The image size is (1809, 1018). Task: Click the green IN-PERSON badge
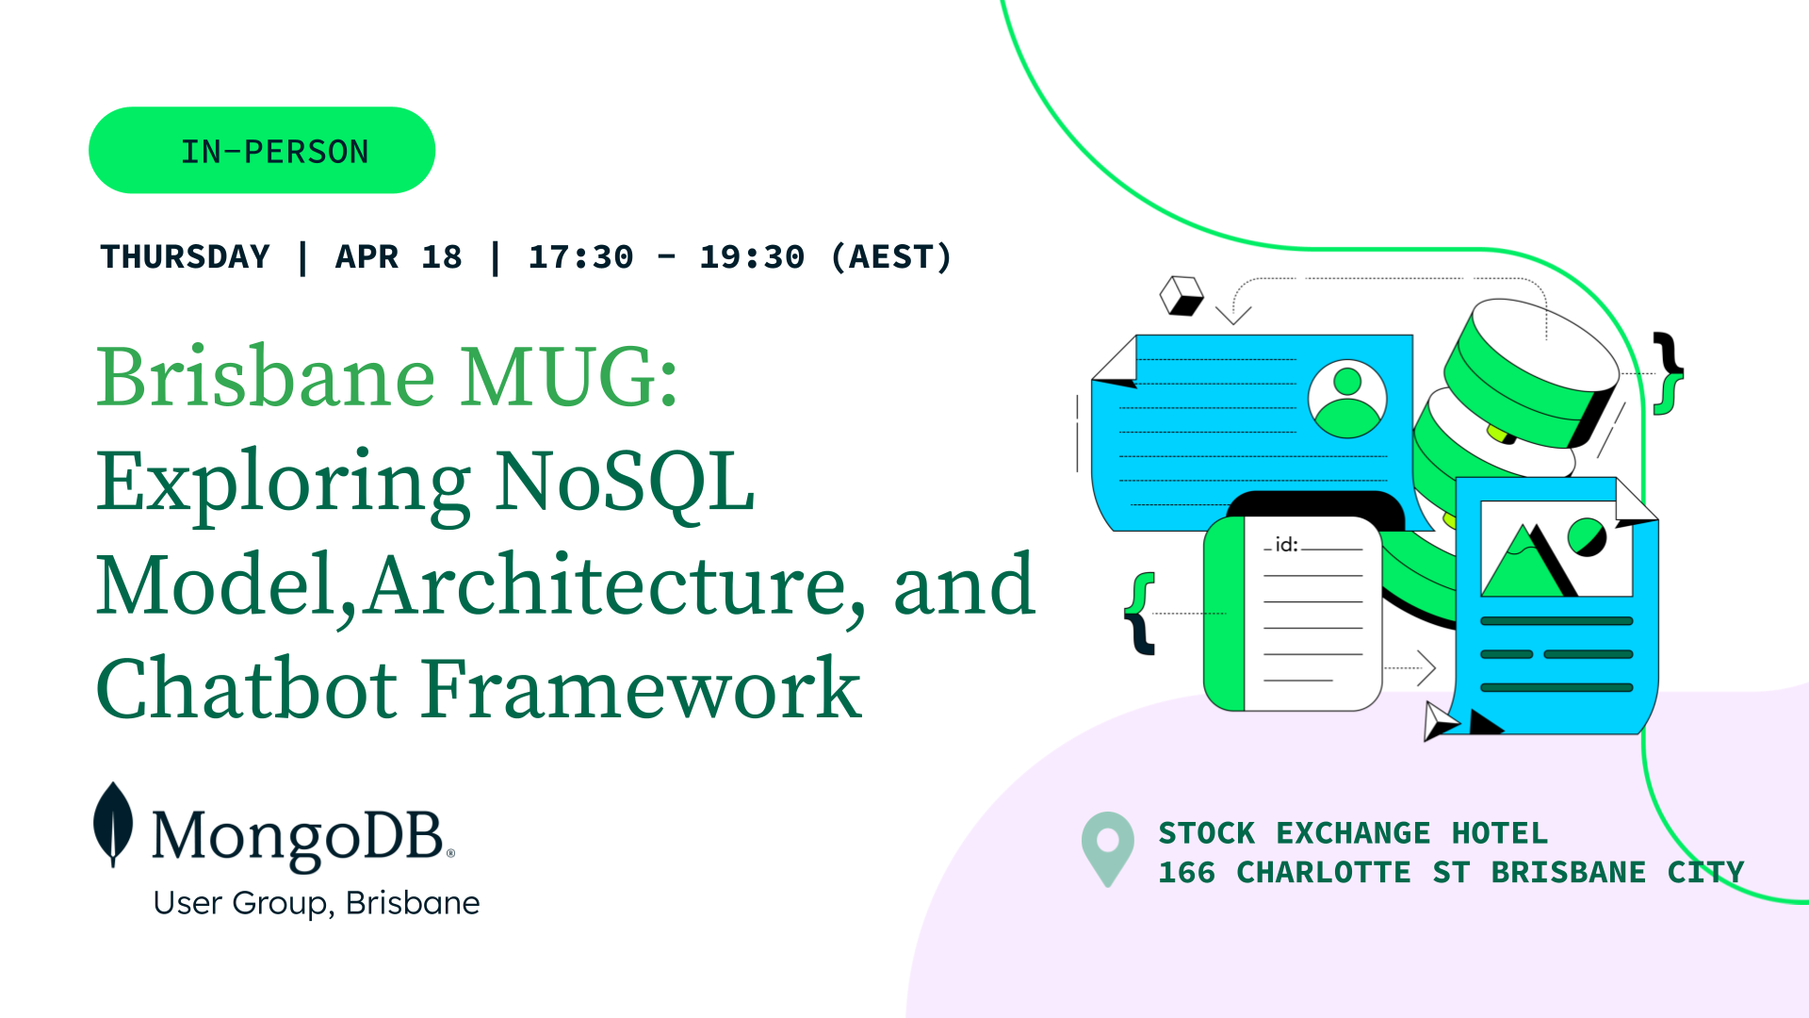click(x=262, y=150)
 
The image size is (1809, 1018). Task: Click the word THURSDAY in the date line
click(x=186, y=256)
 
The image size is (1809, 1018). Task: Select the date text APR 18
click(x=399, y=256)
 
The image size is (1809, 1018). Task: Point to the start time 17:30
click(x=580, y=256)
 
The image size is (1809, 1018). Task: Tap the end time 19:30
click(x=752, y=256)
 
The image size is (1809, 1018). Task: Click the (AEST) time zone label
click(x=891, y=256)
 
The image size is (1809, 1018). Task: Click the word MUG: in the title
click(x=569, y=376)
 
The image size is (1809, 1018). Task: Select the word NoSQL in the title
click(x=625, y=483)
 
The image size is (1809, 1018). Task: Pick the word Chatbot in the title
click(x=246, y=689)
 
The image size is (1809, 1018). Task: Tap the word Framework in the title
click(x=642, y=689)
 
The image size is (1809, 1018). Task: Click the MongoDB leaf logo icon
click(x=113, y=824)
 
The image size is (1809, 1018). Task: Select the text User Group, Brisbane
click(x=317, y=903)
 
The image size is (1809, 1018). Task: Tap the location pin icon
click(x=1108, y=848)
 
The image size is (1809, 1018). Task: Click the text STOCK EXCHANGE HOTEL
click(x=1353, y=833)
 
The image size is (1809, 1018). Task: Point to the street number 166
click(x=1187, y=873)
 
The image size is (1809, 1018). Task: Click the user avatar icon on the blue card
click(x=1347, y=399)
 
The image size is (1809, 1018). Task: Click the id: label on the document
click(x=1286, y=545)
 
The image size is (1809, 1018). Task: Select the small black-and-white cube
click(x=1182, y=296)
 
